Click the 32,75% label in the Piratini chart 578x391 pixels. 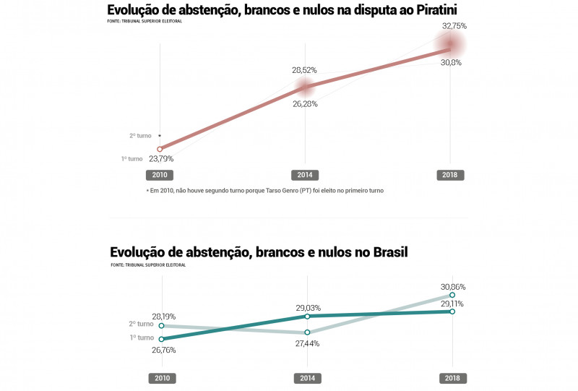[x=454, y=25]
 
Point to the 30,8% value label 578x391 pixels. [x=451, y=63]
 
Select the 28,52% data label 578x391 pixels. [x=304, y=70]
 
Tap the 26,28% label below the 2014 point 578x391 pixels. [x=304, y=103]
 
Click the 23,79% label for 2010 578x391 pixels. [x=161, y=158]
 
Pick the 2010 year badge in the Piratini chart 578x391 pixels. [x=160, y=175]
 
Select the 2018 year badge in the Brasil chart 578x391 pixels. [x=453, y=378]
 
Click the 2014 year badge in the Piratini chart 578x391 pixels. [x=305, y=175]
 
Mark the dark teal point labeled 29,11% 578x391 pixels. [x=452, y=311]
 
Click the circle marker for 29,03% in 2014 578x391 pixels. [x=308, y=317]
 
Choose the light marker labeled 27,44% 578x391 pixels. [x=308, y=332]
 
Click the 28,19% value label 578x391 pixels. [x=163, y=317]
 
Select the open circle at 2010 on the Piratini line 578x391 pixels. [x=160, y=149]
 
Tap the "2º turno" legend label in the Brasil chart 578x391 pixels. [x=142, y=325]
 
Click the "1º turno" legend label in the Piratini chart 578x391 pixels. [x=132, y=158]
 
